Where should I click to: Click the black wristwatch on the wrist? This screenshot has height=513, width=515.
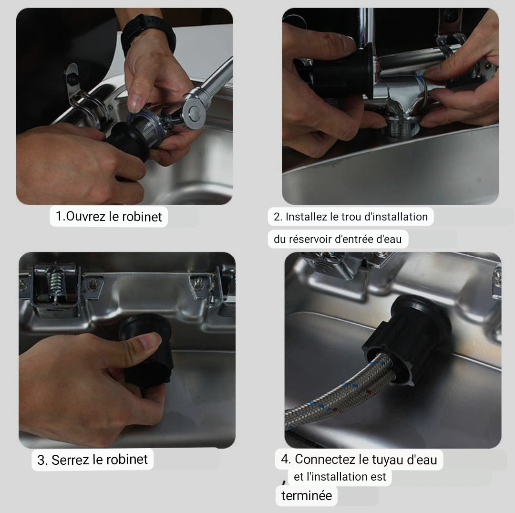(x=148, y=33)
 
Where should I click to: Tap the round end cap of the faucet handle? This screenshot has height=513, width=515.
(x=195, y=113)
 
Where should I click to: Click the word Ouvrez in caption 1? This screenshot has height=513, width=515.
(x=86, y=217)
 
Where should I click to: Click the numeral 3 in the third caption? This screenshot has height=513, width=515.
(x=41, y=460)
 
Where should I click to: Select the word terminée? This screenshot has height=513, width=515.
(x=307, y=495)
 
